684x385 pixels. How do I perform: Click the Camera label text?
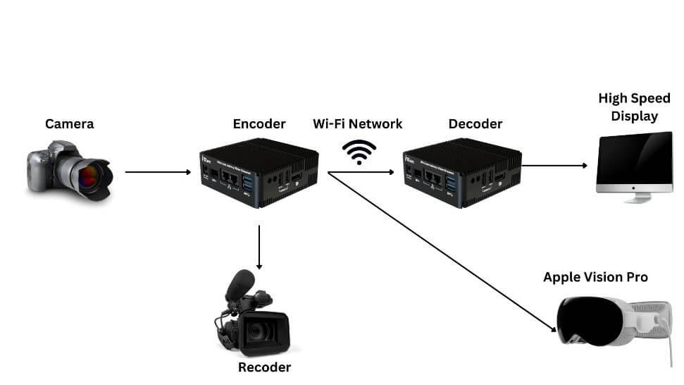[69, 124]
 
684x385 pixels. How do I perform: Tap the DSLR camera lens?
[89, 175]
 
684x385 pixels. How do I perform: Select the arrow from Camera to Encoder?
[158, 171]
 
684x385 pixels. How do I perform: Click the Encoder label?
[259, 124]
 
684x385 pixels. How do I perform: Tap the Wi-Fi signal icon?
[359, 151]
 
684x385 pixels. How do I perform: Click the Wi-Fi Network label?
[358, 124]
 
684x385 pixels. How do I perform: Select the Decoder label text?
[475, 124]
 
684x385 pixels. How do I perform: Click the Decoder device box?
[461, 173]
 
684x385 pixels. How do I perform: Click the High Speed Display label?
[634, 107]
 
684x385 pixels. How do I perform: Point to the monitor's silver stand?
[637, 198]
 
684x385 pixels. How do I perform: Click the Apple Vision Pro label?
[595, 277]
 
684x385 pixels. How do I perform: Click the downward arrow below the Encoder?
[259, 247]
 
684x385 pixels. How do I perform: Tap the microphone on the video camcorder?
[240, 281]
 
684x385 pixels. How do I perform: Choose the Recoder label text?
[264, 367]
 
